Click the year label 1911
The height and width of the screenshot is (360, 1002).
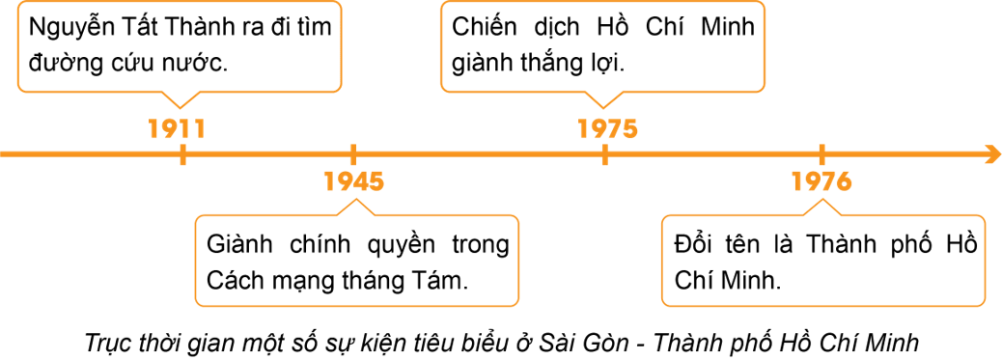177,128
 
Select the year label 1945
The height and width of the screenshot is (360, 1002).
354,180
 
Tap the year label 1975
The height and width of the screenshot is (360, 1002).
608,128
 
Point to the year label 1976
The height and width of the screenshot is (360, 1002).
821,180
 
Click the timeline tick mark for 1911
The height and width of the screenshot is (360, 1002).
182,154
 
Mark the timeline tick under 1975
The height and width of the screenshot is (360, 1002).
604,154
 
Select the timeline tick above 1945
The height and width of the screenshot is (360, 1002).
353,154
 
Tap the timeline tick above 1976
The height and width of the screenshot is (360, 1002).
821,154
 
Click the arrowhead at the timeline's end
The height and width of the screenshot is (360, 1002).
994,154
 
